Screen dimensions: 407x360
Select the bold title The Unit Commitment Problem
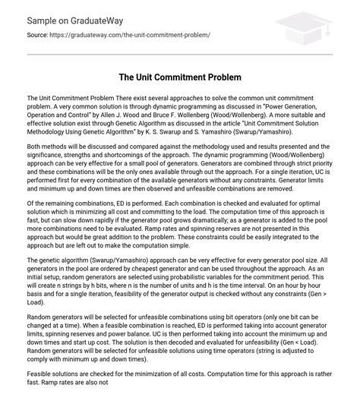(179, 78)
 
